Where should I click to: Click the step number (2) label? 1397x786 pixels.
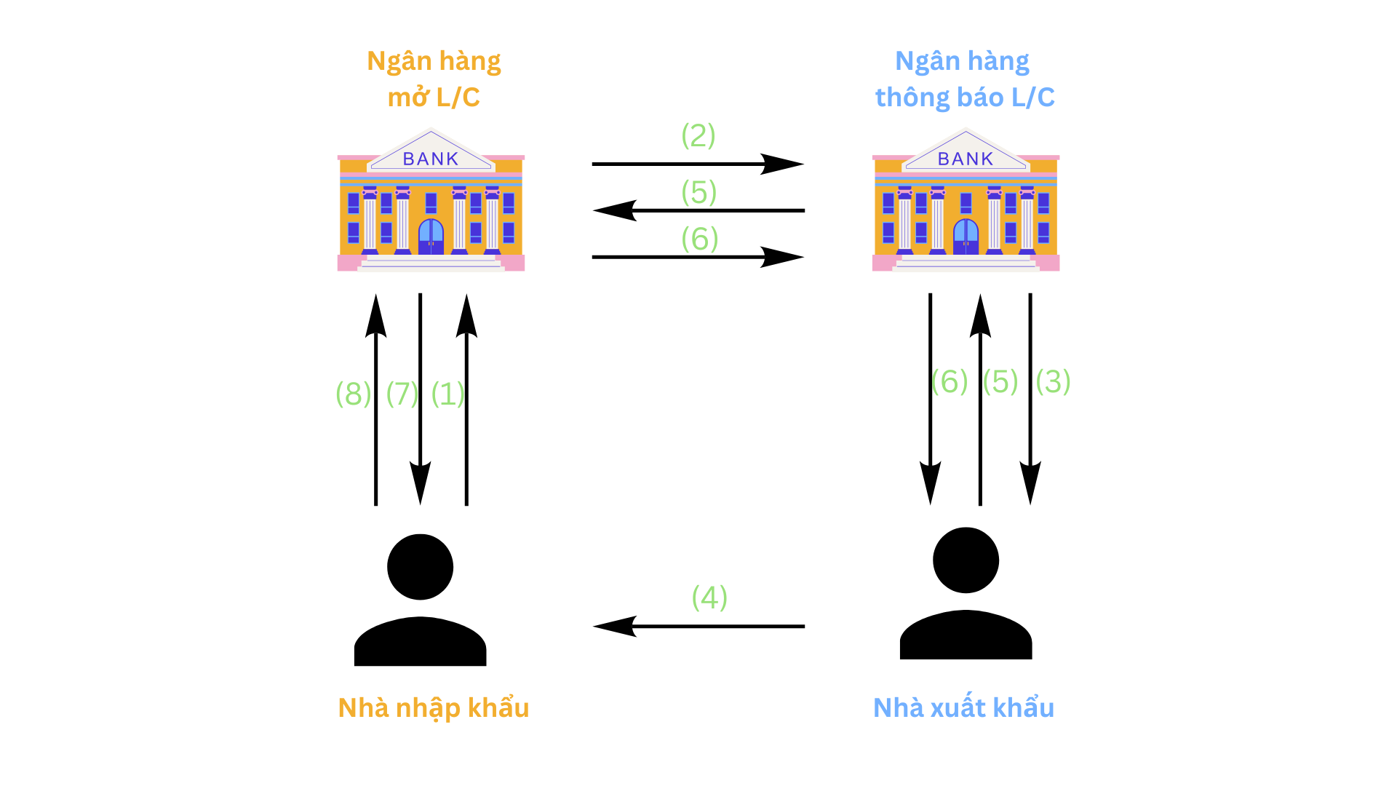[698, 136]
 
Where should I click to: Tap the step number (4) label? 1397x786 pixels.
[709, 598]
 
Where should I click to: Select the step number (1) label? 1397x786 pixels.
[447, 394]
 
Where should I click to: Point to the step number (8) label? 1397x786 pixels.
[354, 394]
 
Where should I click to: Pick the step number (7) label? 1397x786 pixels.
[402, 394]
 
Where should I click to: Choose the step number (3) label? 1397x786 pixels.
[1053, 381]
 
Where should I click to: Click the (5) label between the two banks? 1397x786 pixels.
[699, 192]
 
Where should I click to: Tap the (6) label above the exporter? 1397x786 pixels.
[950, 381]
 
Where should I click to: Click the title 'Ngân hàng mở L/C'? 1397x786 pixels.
[434, 79]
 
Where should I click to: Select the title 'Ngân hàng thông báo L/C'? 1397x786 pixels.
[964, 79]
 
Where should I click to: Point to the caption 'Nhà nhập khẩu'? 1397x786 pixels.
[434, 708]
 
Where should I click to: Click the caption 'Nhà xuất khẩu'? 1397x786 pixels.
[963, 708]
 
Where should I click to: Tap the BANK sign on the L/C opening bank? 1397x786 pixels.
[431, 159]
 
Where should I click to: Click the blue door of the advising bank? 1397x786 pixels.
[966, 236]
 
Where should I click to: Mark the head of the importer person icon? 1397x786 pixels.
[420, 567]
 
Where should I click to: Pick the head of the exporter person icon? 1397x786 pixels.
[966, 560]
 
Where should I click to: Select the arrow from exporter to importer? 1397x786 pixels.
[698, 626]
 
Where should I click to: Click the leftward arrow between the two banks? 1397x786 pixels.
[698, 210]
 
